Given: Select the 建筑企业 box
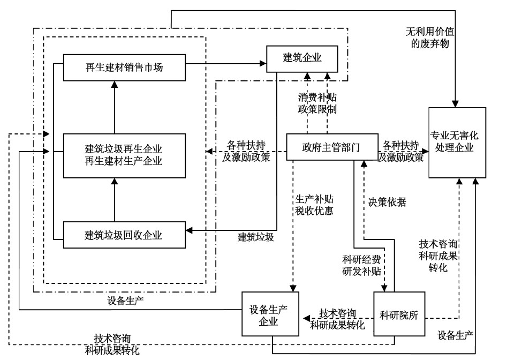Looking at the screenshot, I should coord(302,59).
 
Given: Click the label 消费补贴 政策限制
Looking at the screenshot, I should coord(317,104).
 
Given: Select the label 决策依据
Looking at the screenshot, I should coord(387,202).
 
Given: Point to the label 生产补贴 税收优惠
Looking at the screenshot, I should coord(314,205).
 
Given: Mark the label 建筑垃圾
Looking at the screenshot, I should coord(256,236).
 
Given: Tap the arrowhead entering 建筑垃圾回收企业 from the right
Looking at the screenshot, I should coord(189,230).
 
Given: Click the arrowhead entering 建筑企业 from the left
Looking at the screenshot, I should coord(263,63).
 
